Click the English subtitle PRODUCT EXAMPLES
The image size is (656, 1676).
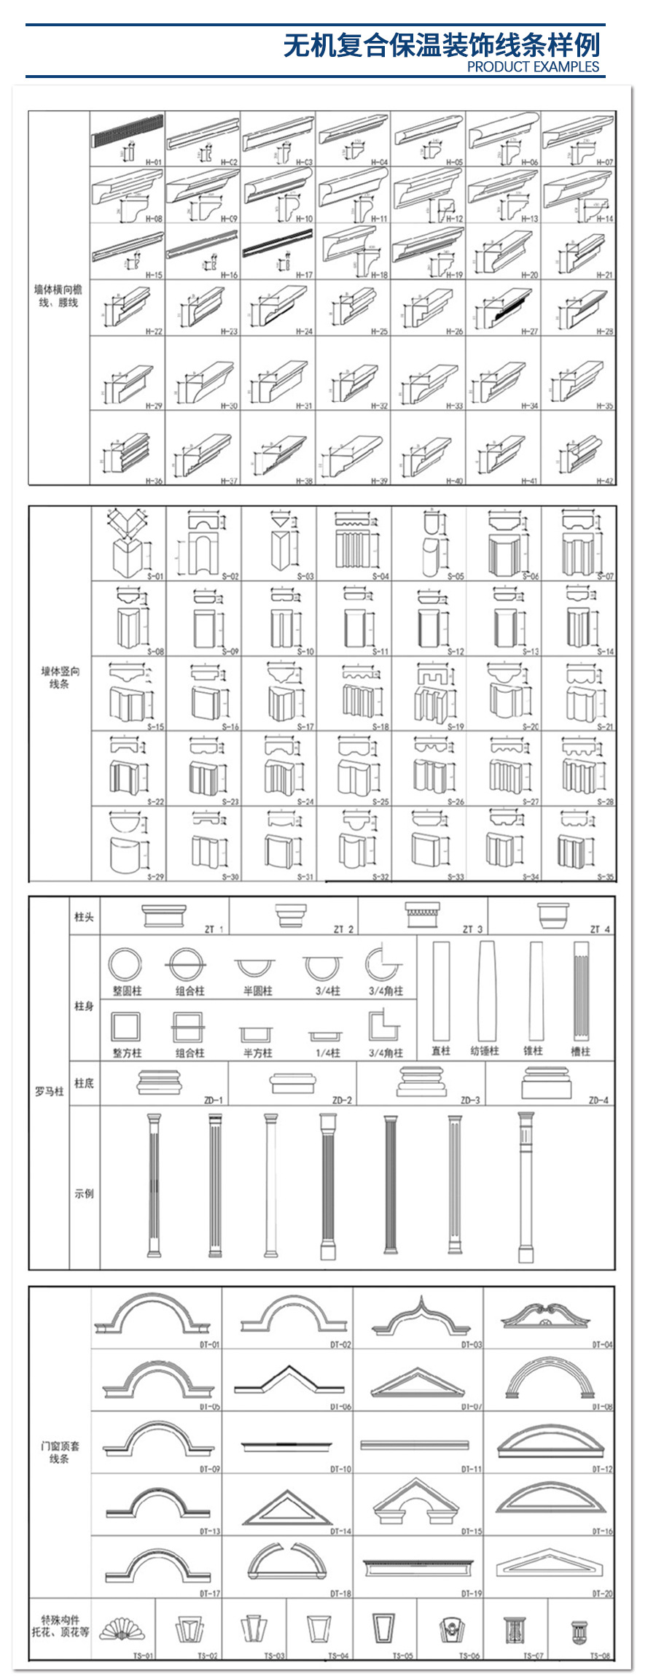click(533, 66)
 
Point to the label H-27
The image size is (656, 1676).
click(529, 331)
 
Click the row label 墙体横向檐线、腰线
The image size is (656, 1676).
click(58, 295)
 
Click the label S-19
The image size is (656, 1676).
click(456, 726)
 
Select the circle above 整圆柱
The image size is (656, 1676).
click(125, 965)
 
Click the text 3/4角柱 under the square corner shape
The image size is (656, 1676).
click(385, 1052)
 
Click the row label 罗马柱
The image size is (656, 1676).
click(49, 1091)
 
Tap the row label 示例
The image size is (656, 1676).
click(84, 1193)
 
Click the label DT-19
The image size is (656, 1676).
click(472, 1594)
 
